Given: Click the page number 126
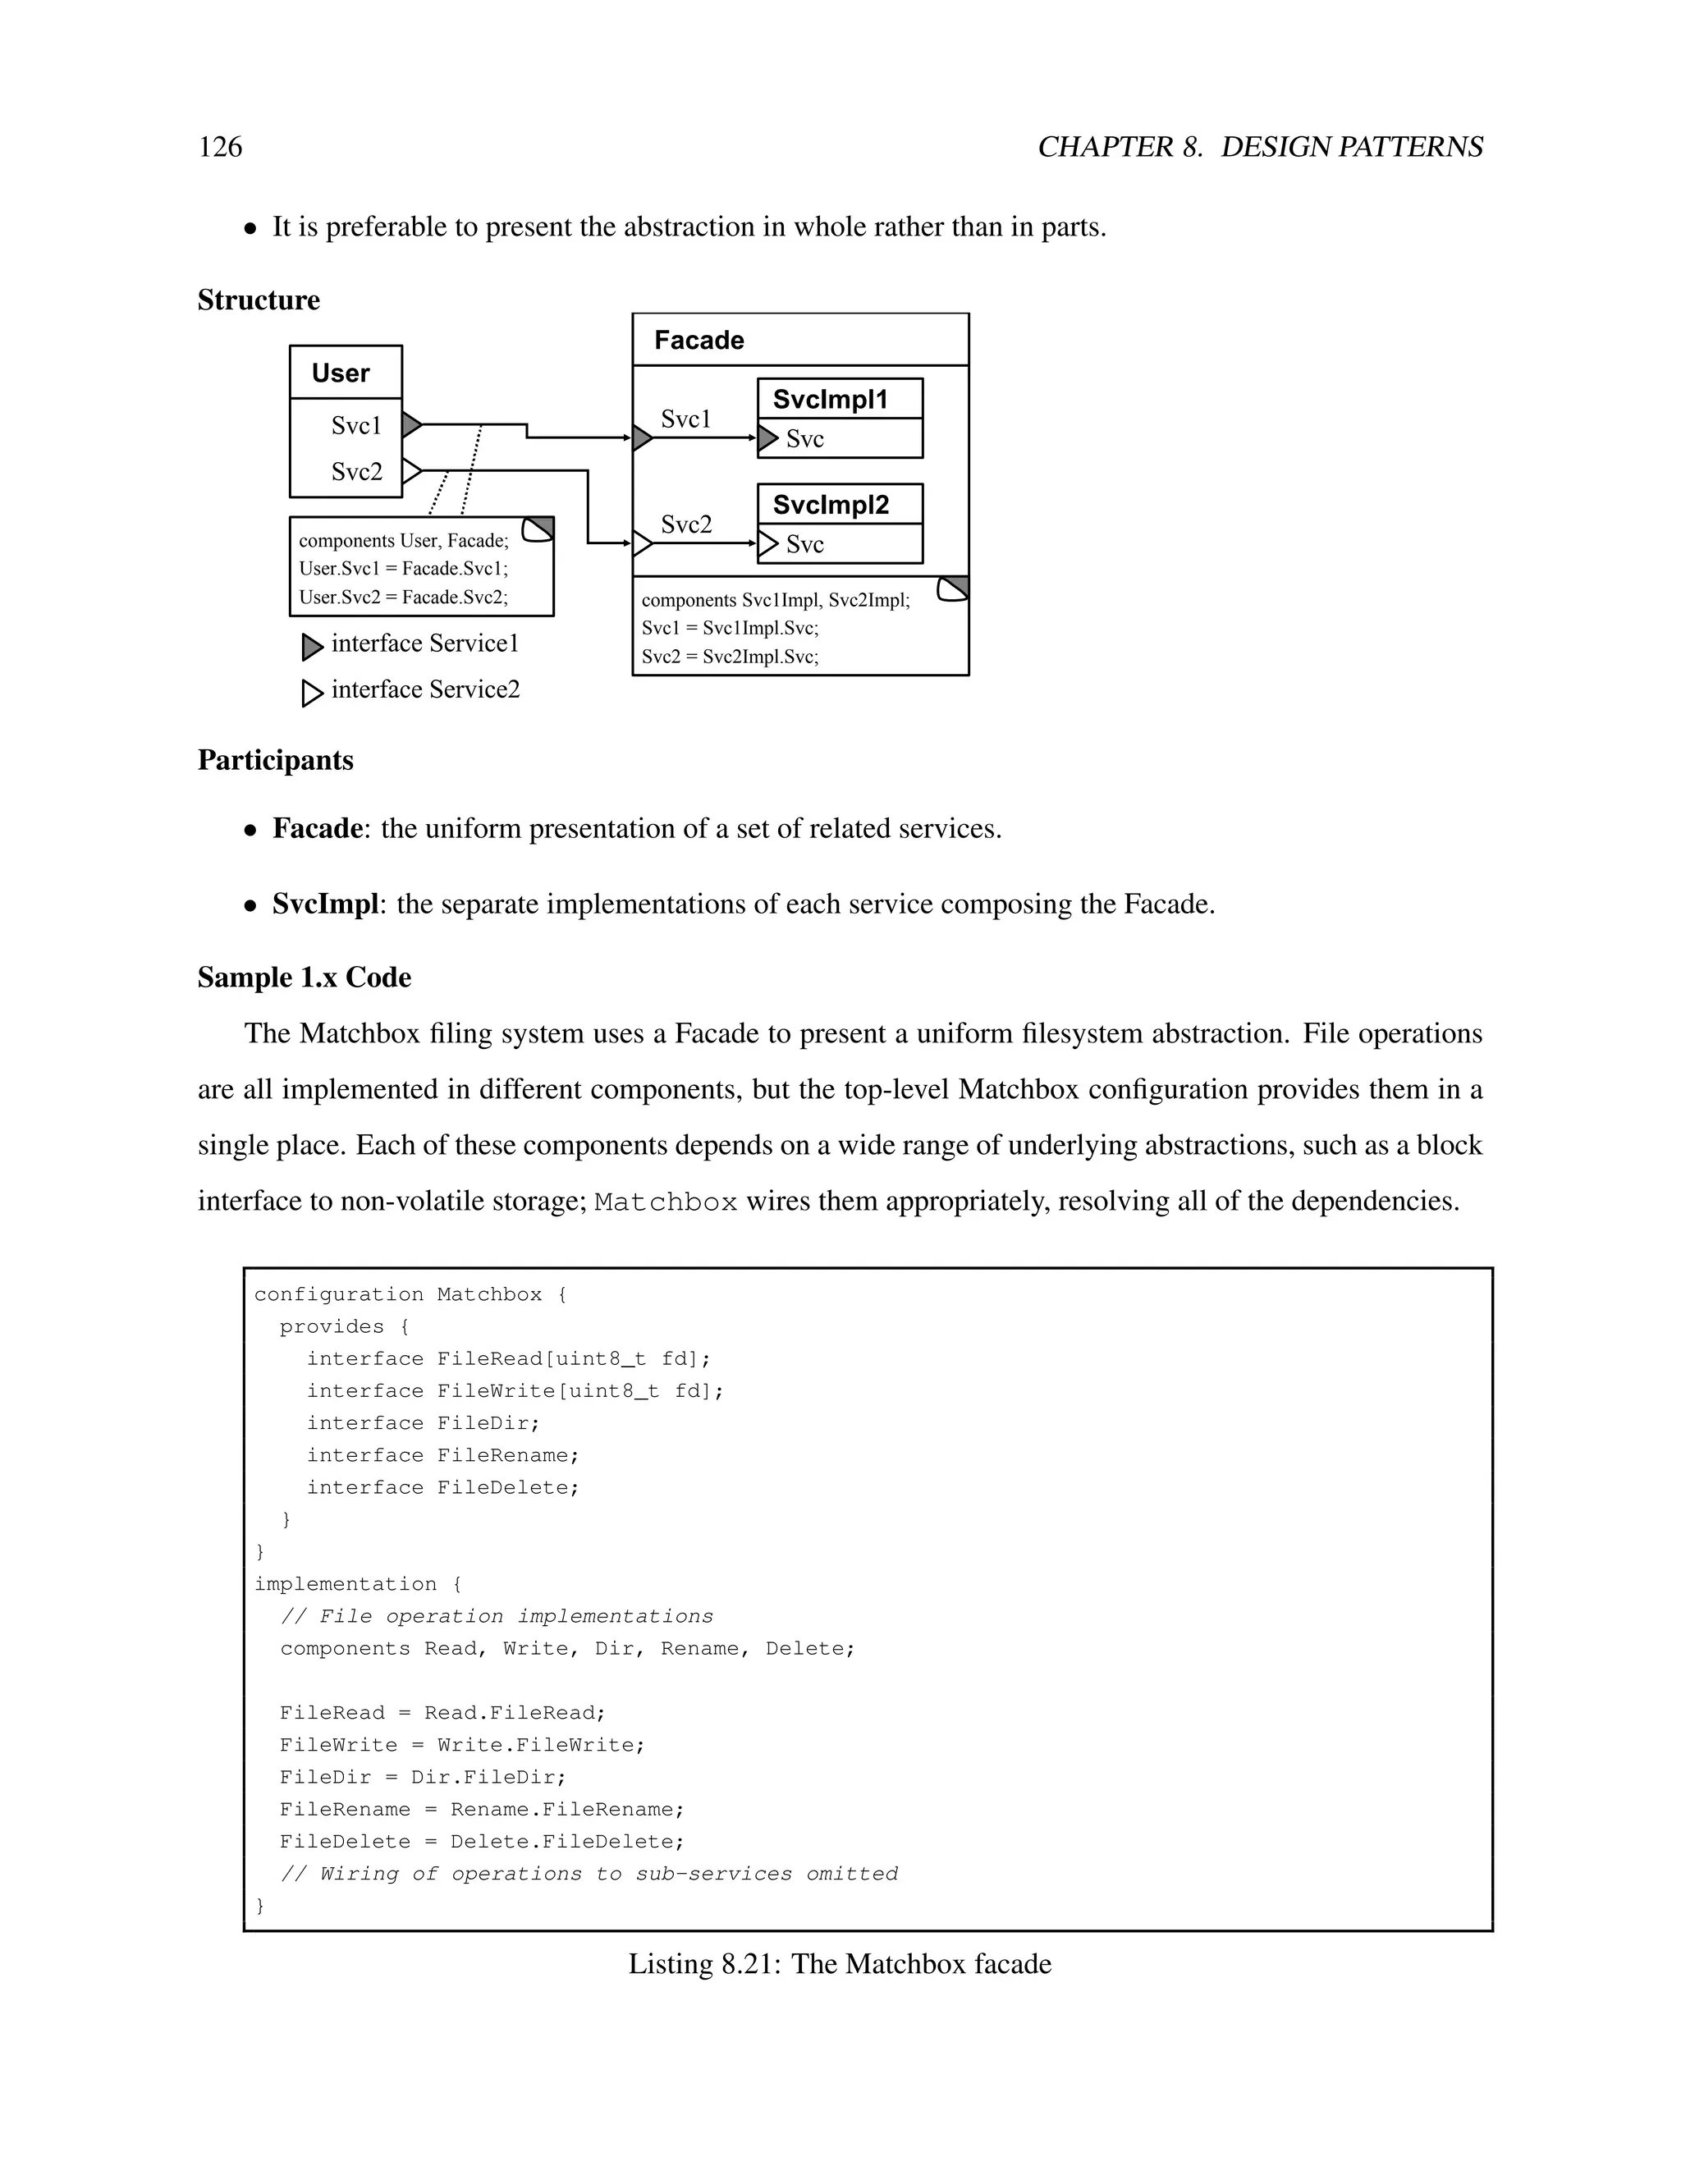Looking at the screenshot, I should pos(220,148).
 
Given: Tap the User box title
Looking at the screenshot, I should pos(341,373).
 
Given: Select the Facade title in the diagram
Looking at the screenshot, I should pos(699,341).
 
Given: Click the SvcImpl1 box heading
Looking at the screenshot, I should pos(830,400).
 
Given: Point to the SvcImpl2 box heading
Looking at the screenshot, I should pos(831,505).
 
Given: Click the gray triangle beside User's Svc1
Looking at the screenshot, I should pos(411,425).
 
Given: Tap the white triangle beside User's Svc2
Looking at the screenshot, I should pos(411,470).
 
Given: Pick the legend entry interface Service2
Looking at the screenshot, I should pos(424,690).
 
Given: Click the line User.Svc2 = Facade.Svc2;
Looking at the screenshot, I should pos(403,598).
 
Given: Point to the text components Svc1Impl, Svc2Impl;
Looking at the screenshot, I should pos(775,601).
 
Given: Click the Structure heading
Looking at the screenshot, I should pos(259,300).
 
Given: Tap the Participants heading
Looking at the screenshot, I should pos(276,760).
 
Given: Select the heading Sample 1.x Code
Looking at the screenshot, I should pos(304,977).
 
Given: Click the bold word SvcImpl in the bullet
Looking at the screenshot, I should pos(326,904).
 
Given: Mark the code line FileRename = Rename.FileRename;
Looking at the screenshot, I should pos(482,1810).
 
